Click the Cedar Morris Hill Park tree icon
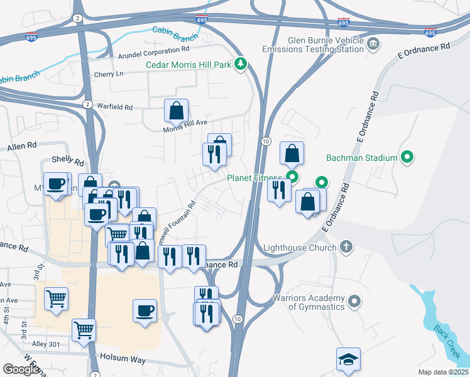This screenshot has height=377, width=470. click(240, 64)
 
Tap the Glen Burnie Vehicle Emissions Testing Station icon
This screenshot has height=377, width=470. click(373, 43)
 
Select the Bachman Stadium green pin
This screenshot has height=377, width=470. click(407, 157)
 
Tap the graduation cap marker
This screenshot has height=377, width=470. click(348, 359)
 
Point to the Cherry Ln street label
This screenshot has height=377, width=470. click(109, 74)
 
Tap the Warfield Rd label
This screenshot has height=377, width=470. click(115, 107)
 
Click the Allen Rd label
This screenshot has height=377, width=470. click(19, 148)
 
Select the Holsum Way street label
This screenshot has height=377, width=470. click(123, 360)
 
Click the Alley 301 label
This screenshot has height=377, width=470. click(46, 344)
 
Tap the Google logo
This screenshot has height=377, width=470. click(20, 369)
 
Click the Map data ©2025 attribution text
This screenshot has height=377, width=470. click(443, 372)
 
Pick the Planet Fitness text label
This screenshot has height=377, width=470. click(255, 178)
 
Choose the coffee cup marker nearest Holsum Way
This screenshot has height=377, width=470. click(145, 310)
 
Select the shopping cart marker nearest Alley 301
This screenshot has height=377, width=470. click(84, 329)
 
